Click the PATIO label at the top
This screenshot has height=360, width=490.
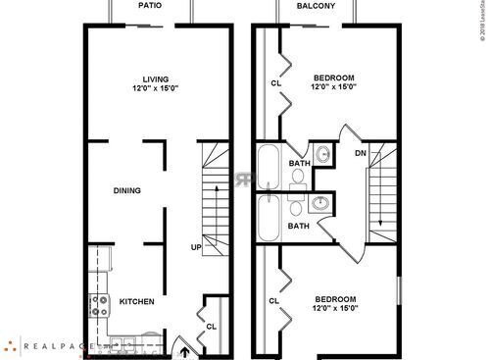click(150, 5)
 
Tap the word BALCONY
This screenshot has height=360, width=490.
click(317, 5)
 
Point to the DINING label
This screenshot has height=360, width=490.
click(127, 191)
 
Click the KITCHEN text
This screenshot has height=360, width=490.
click(136, 302)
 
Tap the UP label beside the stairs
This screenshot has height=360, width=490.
click(196, 247)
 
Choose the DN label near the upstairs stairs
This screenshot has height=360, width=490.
click(361, 153)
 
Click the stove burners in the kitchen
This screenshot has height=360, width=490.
click(99, 305)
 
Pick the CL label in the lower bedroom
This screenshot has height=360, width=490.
click(274, 300)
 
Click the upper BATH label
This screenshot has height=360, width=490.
click(299, 163)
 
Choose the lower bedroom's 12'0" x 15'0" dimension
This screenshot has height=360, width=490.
click(335, 310)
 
